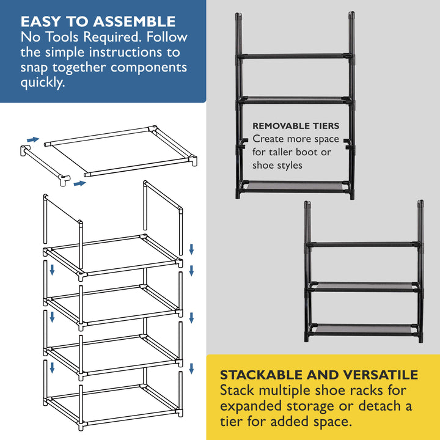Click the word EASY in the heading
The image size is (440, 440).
pyautogui.click(x=42, y=21)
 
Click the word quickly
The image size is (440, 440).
pyautogui.click(x=42, y=83)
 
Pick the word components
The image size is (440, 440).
pyautogui.click(x=149, y=68)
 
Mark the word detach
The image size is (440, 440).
pyautogui.click(x=383, y=406)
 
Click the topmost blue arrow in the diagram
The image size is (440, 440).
pyautogui.click(x=33, y=139)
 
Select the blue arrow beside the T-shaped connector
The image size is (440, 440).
pyautogui.click(x=78, y=182)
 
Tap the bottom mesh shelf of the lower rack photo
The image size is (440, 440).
pyautogui.click(x=364, y=328)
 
